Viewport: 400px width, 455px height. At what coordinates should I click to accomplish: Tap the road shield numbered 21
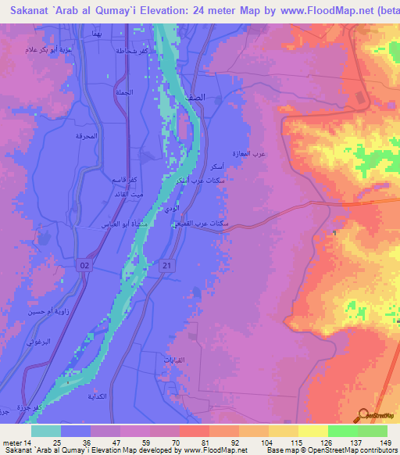tap(166, 267)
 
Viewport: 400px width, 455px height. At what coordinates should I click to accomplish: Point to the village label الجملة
tap(123, 92)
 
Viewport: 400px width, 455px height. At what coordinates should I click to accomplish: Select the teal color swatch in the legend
tap(46, 431)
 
